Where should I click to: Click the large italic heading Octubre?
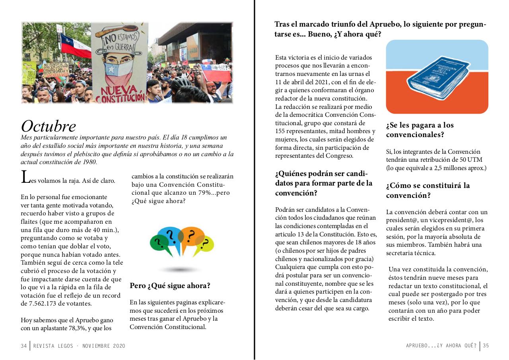click(48, 126)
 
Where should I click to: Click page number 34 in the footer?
click(24, 346)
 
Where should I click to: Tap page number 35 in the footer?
click(486, 346)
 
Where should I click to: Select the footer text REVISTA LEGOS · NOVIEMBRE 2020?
click(79, 346)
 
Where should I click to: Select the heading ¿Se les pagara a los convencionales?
click(420, 130)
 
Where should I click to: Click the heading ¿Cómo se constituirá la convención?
click(427, 190)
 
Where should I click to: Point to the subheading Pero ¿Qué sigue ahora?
click(170, 286)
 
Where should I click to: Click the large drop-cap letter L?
click(25, 177)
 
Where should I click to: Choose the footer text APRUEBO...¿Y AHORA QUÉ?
click(441, 346)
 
